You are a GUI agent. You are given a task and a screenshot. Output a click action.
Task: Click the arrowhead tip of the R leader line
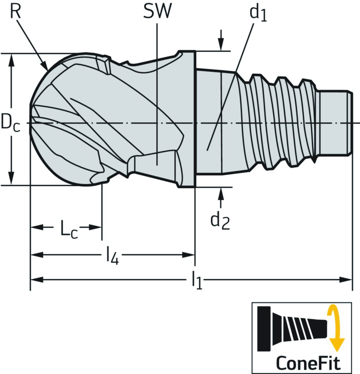click(47, 69)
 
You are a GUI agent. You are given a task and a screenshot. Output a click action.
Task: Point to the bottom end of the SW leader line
click(157, 165)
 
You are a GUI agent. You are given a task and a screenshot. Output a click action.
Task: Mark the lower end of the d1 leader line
click(207, 150)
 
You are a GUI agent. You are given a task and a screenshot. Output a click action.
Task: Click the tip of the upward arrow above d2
click(221, 188)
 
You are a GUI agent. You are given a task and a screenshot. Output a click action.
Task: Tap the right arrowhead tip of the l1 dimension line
click(352, 279)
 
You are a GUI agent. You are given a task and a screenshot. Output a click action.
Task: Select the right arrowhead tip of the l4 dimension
click(195, 255)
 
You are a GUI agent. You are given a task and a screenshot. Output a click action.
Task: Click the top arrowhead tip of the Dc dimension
click(11, 54)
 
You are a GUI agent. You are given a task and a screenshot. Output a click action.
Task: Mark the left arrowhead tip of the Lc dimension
click(31, 227)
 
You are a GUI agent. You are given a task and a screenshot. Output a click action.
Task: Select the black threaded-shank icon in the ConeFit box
click(292, 328)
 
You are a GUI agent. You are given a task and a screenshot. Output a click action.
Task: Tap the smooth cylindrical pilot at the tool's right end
click(335, 123)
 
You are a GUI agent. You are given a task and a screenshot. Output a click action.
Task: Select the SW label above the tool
click(157, 11)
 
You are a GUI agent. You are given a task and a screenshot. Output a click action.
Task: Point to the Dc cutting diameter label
click(10, 122)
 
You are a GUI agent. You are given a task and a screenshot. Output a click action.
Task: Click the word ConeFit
click(308, 363)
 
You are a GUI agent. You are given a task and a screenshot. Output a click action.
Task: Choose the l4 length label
click(112, 256)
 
